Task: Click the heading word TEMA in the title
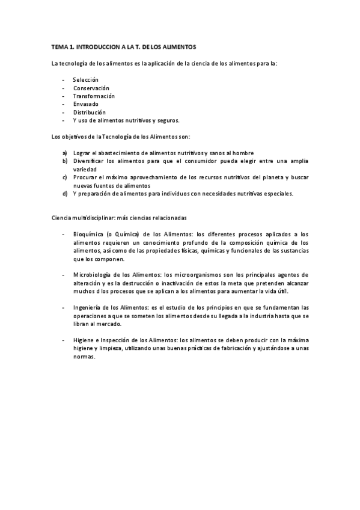[59, 46]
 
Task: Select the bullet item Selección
[86, 80]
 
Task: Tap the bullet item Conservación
[91, 88]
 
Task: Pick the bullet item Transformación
[94, 96]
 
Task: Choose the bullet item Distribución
[90, 112]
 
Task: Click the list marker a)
[64, 153]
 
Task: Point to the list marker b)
[64, 161]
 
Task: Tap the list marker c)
[64, 177]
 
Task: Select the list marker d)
[64, 194]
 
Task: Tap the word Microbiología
[92, 275]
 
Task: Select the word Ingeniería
[88, 307]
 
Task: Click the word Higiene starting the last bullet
[83, 340]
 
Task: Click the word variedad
[85, 170]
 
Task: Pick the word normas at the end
[84, 356]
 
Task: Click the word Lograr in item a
[82, 153]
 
